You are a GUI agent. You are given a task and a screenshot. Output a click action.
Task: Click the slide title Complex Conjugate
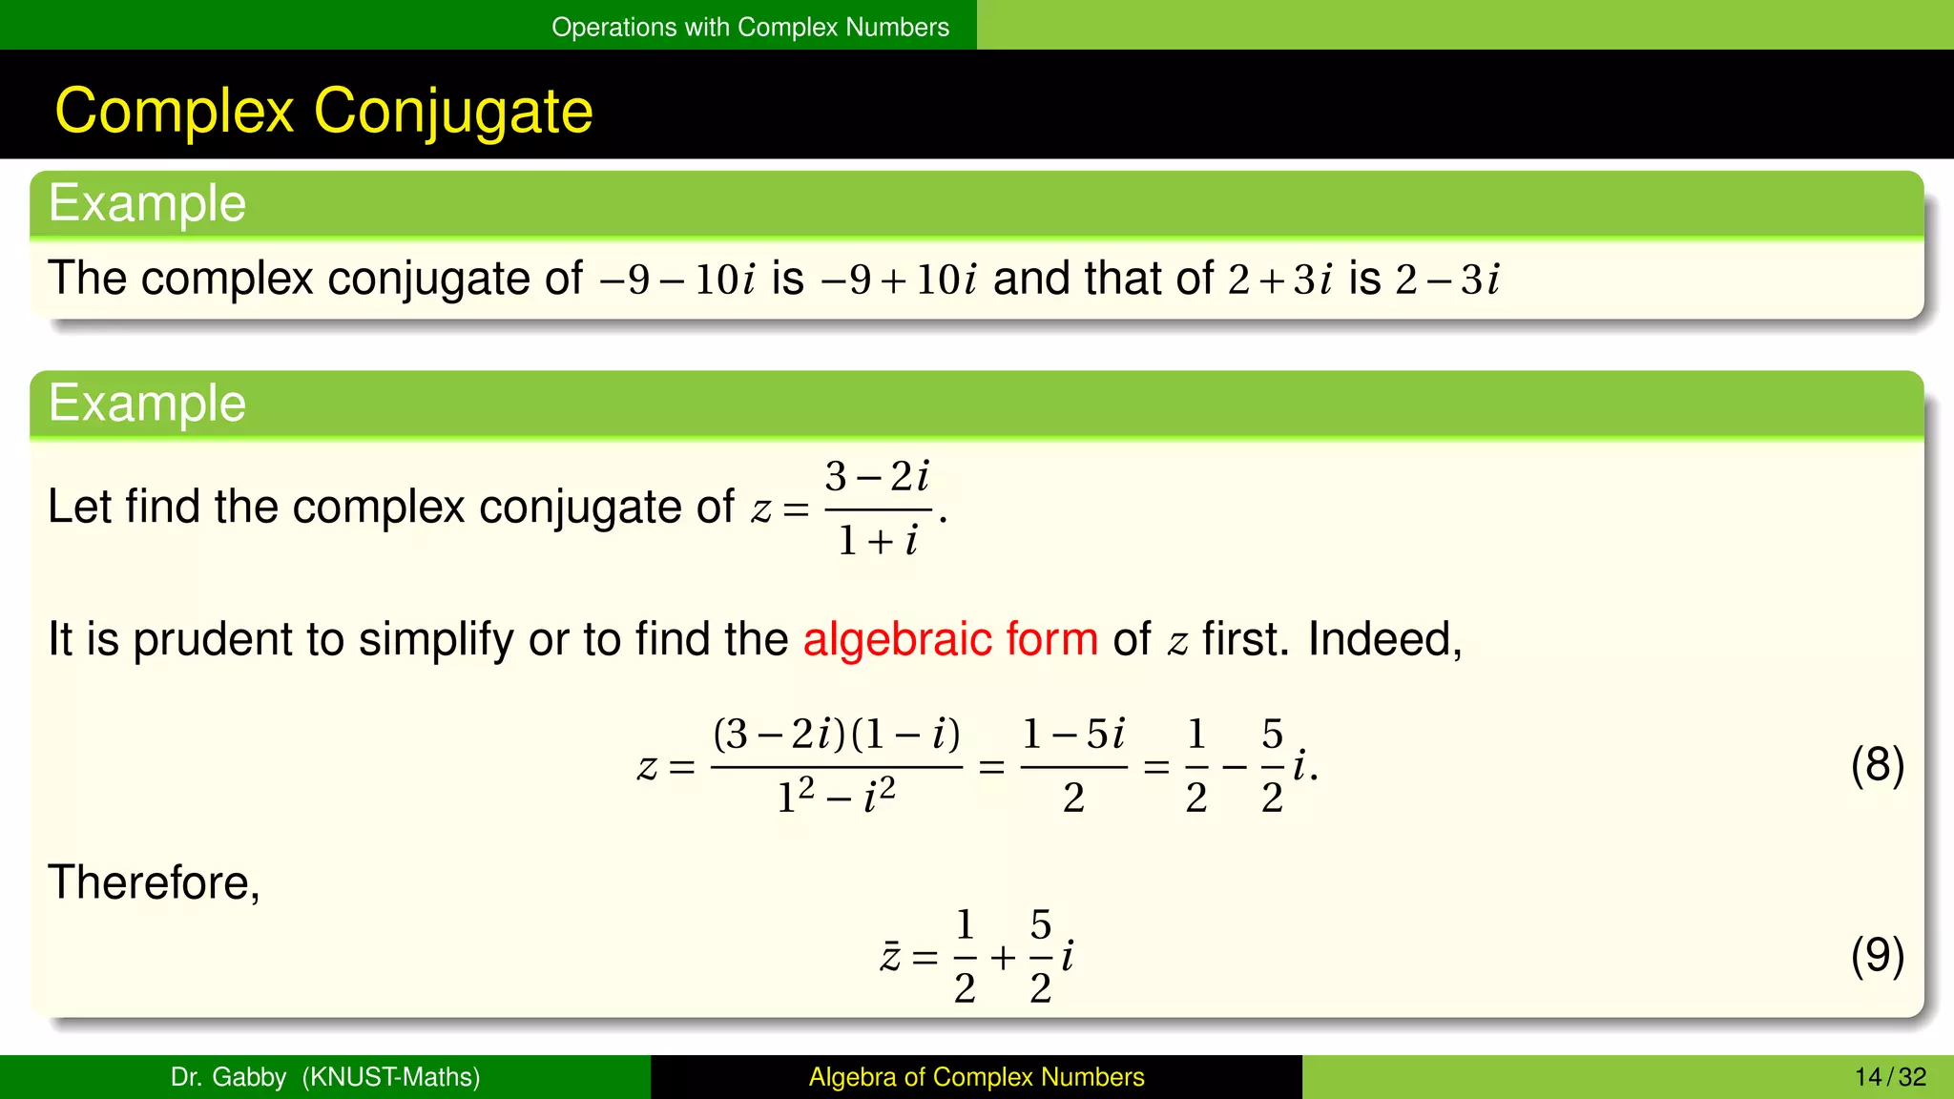click(x=323, y=111)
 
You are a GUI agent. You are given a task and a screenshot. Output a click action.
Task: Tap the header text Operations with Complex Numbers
click(x=750, y=27)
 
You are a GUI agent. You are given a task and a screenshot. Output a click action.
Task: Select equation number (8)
click(x=1877, y=765)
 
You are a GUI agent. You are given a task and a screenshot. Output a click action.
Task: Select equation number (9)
click(x=1877, y=956)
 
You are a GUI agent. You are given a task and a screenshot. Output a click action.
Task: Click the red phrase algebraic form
click(x=950, y=639)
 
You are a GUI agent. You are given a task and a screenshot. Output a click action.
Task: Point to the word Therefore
click(x=153, y=882)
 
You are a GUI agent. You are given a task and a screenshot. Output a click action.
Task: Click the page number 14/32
click(x=1890, y=1077)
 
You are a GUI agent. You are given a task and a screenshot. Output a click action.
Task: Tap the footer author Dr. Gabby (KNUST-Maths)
click(x=324, y=1077)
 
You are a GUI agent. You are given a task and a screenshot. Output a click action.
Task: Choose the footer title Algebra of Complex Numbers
click(x=976, y=1077)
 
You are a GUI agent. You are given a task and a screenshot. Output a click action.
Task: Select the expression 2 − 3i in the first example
click(x=1447, y=280)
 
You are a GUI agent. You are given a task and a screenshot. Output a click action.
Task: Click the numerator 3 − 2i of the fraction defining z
click(x=877, y=476)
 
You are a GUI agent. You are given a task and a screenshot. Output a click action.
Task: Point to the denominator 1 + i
click(x=877, y=541)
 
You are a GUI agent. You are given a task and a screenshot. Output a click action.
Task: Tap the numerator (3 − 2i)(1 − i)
click(x=836, y=735)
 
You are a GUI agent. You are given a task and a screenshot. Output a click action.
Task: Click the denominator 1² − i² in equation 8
click(x=836, y=796)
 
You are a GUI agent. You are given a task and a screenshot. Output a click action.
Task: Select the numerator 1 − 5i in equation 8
click(x=1073, y=735)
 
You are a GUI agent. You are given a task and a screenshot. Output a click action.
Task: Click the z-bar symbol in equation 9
click(x=890, y=956)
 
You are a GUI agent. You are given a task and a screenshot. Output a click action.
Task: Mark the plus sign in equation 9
click(x=1002, y=957)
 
